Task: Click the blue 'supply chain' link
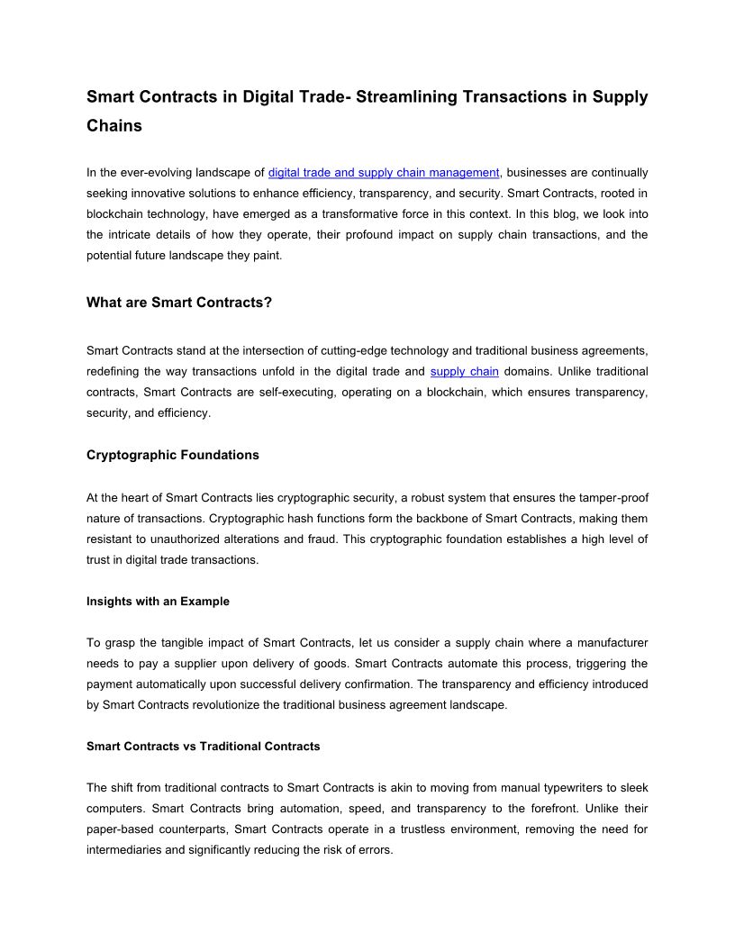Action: [464, 371]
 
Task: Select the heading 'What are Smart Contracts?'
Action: [179, 303]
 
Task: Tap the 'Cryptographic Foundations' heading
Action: [173, 455]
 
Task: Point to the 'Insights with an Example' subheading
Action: [158, 601]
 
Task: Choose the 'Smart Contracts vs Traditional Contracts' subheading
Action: [204, 746]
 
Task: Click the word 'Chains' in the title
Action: [114, 126]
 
